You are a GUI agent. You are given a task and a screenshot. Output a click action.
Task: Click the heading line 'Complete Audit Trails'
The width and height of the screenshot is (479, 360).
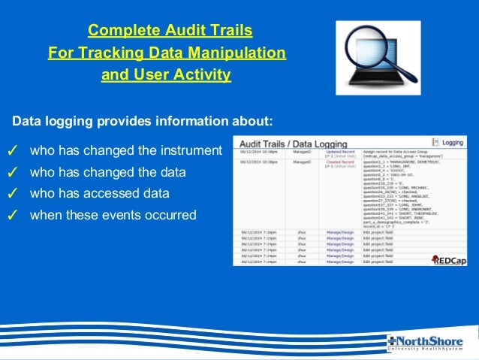[x=170, y=31]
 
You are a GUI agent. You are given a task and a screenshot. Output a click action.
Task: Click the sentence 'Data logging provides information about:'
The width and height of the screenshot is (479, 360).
[x=143, y=120]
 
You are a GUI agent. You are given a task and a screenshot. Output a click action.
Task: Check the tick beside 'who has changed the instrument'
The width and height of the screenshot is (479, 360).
[x=12, y=152]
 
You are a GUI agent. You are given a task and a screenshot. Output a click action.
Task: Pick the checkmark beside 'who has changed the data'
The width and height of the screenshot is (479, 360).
[x=12, y=173]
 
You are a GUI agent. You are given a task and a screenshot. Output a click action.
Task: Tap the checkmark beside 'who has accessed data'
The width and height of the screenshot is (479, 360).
[x=12, y=194]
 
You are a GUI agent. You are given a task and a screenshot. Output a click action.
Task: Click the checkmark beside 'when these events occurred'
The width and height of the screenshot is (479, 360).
[x=12, y=216]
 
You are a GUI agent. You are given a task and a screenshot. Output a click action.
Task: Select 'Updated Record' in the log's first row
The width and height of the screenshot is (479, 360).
[x=339, y=151]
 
